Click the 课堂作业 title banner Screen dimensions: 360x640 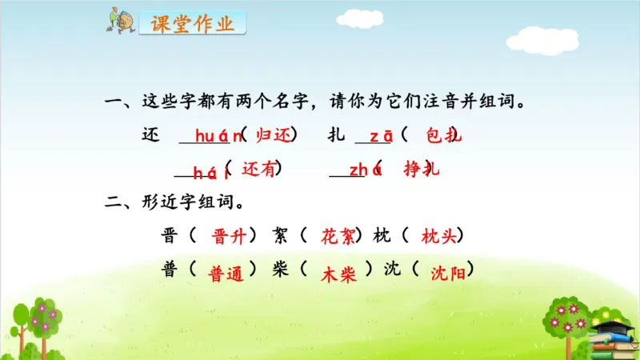point(191,24)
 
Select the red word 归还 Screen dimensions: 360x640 point(270,136)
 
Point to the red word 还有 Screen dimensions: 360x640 point(258,169)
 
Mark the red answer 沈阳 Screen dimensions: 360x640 point(447,272)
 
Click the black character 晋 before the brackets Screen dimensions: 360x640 point(170,237)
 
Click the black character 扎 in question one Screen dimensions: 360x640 point(336,136)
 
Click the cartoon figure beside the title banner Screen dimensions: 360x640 point(122,21)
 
